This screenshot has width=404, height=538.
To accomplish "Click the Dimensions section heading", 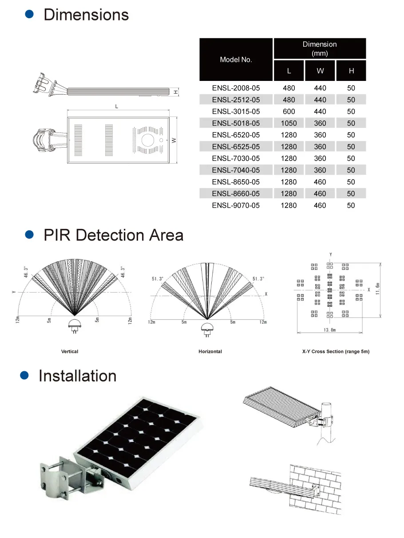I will point(86,15).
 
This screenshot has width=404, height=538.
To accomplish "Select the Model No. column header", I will point(236,60).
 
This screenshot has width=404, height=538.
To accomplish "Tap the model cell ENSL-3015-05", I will point(236,112).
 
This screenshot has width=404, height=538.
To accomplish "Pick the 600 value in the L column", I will point(289,112).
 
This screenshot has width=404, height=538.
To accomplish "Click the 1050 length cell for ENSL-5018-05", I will point(289,123).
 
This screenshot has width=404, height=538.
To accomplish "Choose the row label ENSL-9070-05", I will point(236,205).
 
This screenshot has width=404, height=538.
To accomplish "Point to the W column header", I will point(320,71).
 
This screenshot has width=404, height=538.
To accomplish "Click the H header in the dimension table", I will point(351,71).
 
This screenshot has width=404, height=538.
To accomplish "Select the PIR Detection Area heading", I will point(113,235).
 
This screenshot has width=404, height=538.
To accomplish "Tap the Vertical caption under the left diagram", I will point(70,352).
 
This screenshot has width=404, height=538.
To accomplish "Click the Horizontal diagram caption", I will point(210,352).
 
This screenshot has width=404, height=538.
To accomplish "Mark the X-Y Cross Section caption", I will point(335,352).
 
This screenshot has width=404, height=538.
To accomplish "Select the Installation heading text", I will point(77,376).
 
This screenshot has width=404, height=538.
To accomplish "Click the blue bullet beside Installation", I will point(25,375).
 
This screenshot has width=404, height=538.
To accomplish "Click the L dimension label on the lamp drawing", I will point(116,107).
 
